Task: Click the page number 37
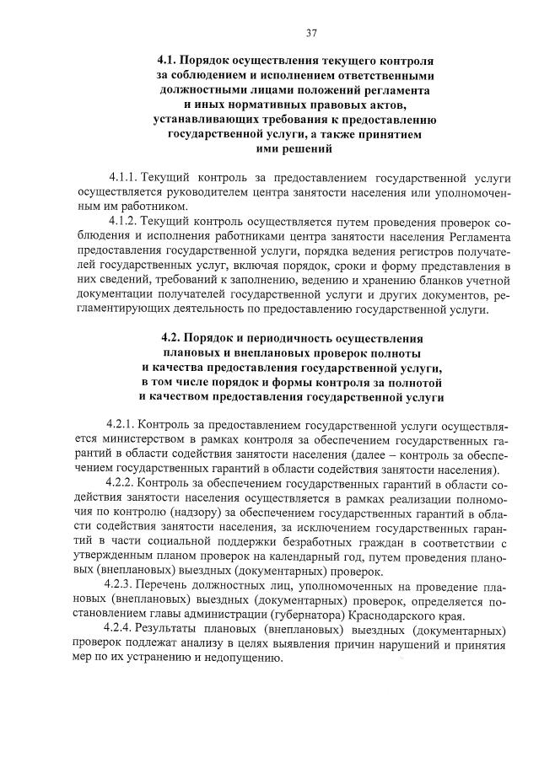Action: point(310,34)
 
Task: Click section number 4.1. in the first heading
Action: point(170,62)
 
